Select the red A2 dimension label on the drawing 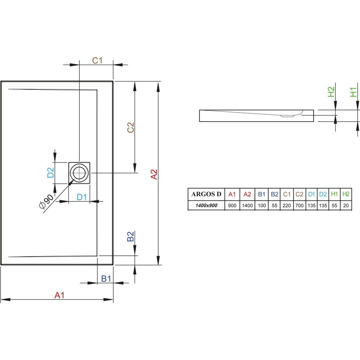click(x=154, y=175)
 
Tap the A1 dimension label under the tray click(x=59, y=295)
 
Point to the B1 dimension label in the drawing click(x=105, y=278)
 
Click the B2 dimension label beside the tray click(x=131, y=237)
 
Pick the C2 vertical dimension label click(x=131, y=128)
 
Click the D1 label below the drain click(x=82, y=197)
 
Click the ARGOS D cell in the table click(x=206, y=194)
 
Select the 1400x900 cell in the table click(x=206, y=205)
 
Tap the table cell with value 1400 click(x=247, y=205)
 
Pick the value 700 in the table click(x=299, y=205)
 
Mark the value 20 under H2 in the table click(x=346, y=205)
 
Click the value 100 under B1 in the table click(x=262, y=205)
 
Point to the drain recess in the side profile click(x=287, y=116)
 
